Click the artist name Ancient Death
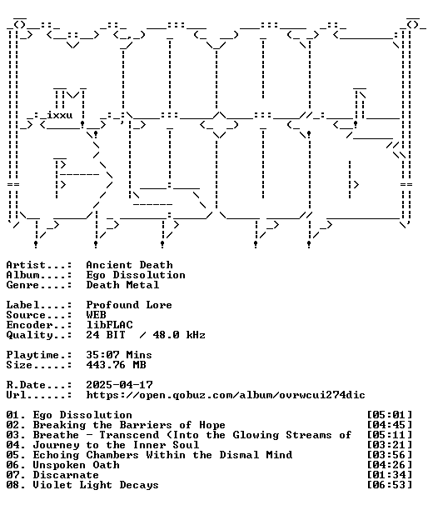pyautogui.click(x=129, y=265)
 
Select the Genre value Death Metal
pyautogui.click(x=122, y=285)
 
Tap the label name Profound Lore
pyautogui.click(x=129, y=305)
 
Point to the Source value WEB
pyautogui.click(x=96, y=315)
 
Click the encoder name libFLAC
pyautogui.click(x=109, y=325)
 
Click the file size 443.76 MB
pyautogui.click(x=116, y=365)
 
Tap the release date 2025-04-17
pyautogui.click(x=119, y=385)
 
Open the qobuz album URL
pyautogui.click(x=226, y=395)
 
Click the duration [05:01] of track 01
pyautogui.click(x=390, y=415)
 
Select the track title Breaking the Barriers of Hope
pyautogui.click(x=129, y=425)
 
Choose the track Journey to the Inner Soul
pyautogui.click(x=116, y=445)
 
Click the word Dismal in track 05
pyautogui.click(x=239, y=455)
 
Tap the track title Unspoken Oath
pyautogui.click(x=76, y=465)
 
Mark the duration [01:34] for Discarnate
pyautogui.click(x=390, y=475)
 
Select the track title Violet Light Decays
pyautogui.click(x=96, y=485)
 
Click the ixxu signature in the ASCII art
pyautogui.click(x=59, y=115)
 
